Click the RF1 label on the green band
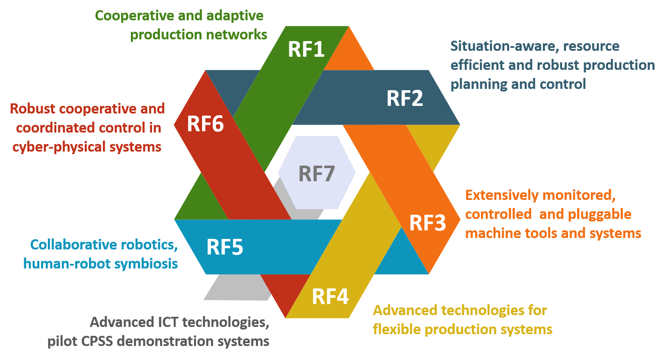pos(306,50)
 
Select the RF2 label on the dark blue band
pos(405,99)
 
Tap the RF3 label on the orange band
pos(427,223)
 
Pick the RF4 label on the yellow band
pos(330,296)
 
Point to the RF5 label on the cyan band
pos(224,247)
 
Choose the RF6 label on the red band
pos(205,124)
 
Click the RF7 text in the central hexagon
pos(316,174)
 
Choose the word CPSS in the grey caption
pos(97,341)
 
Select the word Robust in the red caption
pos(33,109)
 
